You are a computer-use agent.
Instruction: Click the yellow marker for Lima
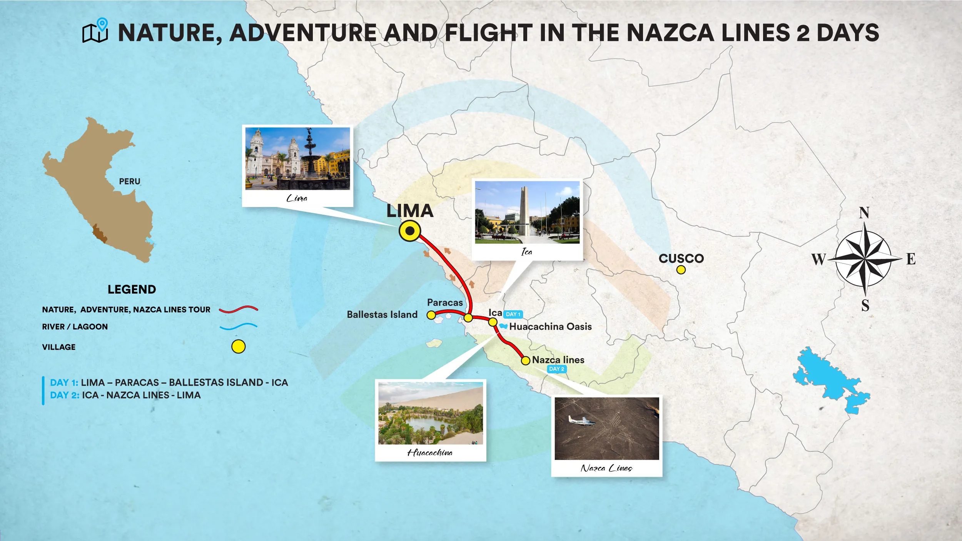coord(410,231)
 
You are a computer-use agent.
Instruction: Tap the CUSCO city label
coord(681,258)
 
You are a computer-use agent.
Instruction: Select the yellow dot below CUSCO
coord(681,270)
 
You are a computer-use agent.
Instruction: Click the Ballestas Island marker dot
coord(431,315)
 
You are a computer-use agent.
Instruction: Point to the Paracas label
coord(445,302)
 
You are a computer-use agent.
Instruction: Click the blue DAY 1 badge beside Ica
coord(513,314)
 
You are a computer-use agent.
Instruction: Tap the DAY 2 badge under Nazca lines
coord(556,369)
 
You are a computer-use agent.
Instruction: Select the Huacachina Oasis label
coord(550,327)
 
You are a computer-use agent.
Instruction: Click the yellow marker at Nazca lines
coord(525,361)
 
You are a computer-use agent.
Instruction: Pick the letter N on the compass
coord(864,213)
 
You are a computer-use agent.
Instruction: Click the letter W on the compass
coord(818,259)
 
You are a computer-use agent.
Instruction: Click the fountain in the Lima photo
coord(309,154)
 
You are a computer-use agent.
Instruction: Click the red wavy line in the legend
coord(238,309)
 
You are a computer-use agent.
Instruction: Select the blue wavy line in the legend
coord(238,327)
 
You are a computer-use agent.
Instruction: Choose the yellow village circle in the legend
coord(238,347)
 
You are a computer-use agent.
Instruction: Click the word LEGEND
coord(132,289)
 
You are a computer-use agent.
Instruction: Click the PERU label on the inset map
coord(129,181)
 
